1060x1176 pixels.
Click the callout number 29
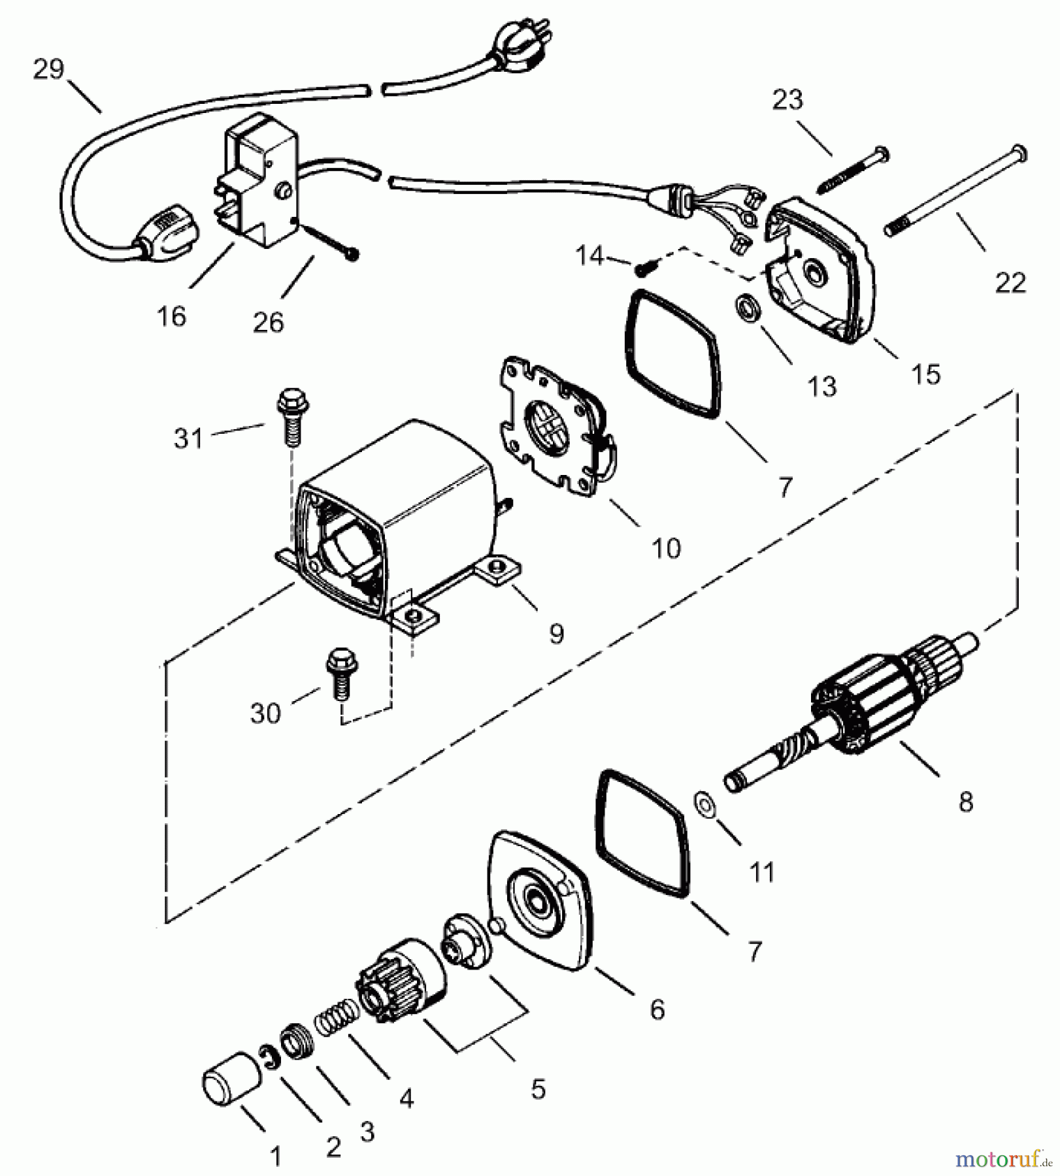(x=49, y=69)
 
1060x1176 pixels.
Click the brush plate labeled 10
(x=555, y=431)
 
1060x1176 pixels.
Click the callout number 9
(x=556, y=632)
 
